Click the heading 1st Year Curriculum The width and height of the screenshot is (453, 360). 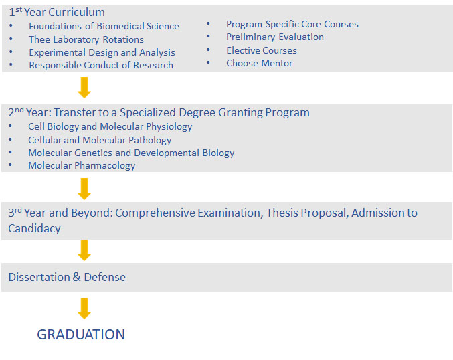click(x=57, y=12)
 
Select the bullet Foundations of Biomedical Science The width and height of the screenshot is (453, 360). click(x=104, y=26)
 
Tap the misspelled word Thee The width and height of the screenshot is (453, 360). click(x=39, y=39)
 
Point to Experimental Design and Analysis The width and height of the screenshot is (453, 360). click(x=102, y=52)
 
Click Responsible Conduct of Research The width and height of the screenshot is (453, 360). click(x=101, y=65)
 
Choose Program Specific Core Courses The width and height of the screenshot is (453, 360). click(x=292, y=24)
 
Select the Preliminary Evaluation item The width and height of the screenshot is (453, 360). click(x=275, y=37)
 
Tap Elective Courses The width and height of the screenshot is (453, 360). click(x=262, y=50)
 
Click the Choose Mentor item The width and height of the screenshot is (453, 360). click(x=259, y=63)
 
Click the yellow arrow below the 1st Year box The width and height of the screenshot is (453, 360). click(x=84, y=88)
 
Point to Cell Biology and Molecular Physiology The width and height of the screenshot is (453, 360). click(x=110, y=126)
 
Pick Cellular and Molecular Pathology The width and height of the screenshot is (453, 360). click(x=100, y=140)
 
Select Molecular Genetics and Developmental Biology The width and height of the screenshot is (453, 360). click(x=131, y=153)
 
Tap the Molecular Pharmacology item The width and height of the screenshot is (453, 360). click(x=82, y=165)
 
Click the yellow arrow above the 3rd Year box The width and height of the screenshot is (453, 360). click(x=84, y=189)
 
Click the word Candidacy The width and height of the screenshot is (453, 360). click(x=34, y=229)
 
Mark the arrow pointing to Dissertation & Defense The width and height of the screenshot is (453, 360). click(x=84, y=250)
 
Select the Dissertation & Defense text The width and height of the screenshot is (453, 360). click(x=67, y=277)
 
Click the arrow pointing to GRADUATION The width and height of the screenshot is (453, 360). click(x=84, y=308)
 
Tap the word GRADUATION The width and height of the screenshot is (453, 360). click(x=81, y=335)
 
